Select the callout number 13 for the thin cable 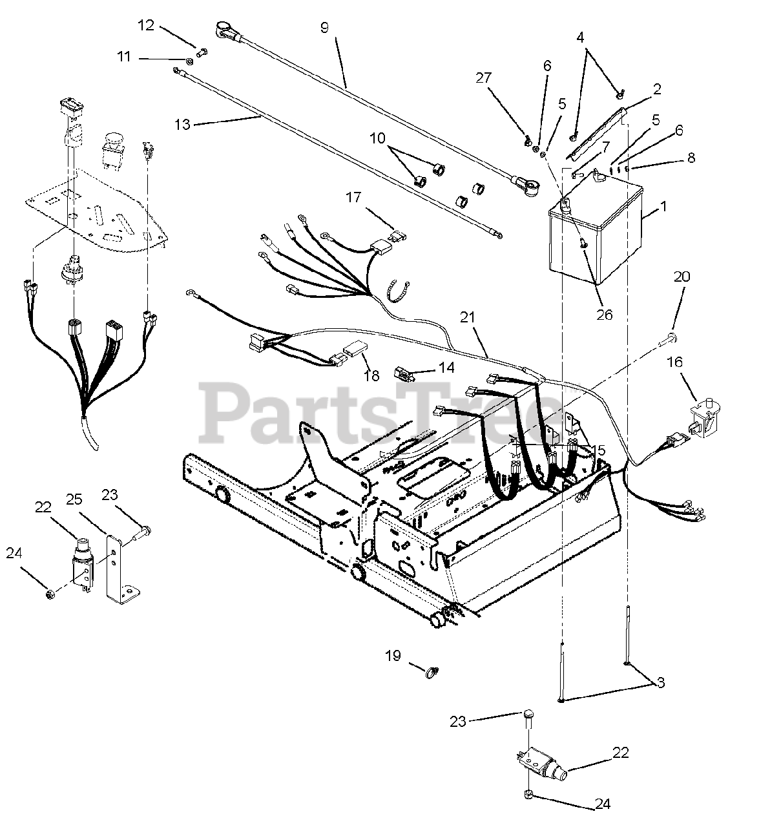click(183, 123)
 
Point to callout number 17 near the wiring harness click(353, 197)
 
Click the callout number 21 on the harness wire click(468, 317)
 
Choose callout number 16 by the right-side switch click(674, 362)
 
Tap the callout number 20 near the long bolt click(682, 277)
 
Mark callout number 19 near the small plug click(393, 656)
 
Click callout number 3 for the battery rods click(660, 682)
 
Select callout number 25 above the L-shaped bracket click(74, 498)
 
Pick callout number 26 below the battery click(604, 315)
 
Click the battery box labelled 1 click(594, 233)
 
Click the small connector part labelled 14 click(403, 373)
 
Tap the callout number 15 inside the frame click(598, 450)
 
